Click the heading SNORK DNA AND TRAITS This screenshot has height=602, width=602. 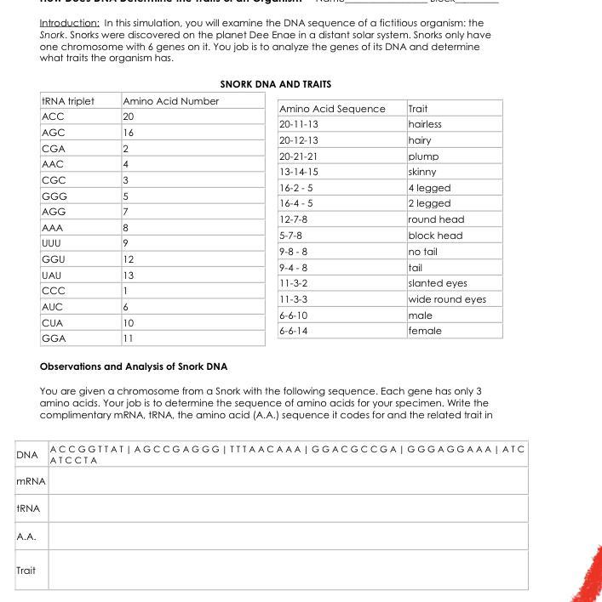(x=275, y=84)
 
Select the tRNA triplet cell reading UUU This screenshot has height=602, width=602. (x=53, y=243)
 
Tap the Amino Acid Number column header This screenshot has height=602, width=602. (x=170, y=101)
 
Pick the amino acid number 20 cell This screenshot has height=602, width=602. (x=129, y=116)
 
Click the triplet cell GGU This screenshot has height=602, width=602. (x=53, y=258)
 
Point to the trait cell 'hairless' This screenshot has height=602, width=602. (x=425, y=124)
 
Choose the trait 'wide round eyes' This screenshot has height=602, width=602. (x=447, y=299)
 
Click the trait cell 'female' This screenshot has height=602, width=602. (x=425, y=331)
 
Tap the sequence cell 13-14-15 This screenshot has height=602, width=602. (x=299, y=172)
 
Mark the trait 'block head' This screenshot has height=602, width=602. (x=435, y=236)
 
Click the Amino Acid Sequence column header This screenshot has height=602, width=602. (x=332, y=109)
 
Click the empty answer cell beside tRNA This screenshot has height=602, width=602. (x=288, y=508)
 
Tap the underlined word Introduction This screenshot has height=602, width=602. (x=70, y=23)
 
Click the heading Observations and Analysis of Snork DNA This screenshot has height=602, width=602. (x=134, y=366)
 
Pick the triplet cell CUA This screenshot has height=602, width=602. (x=53, y=323)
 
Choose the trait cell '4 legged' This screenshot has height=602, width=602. (x=429, y=188)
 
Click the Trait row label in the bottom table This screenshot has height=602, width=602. (x=26, y=570)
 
